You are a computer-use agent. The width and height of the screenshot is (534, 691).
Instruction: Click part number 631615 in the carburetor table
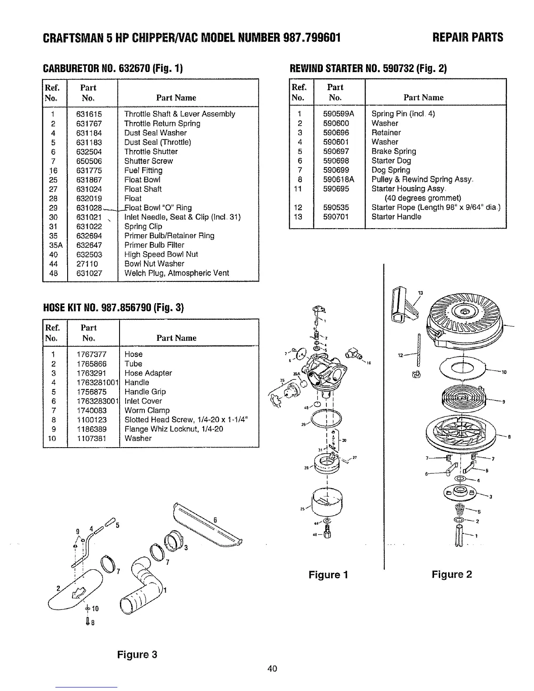89,114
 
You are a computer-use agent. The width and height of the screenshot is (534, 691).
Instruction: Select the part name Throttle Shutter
151,152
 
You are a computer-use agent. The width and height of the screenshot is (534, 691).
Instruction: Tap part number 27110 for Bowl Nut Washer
87,264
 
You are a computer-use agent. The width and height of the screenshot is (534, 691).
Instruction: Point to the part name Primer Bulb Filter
154,245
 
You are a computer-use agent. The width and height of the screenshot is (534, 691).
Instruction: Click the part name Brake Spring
394,151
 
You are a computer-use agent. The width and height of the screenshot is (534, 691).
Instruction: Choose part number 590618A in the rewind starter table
339,179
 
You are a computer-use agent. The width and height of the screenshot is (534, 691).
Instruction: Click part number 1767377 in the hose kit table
91,354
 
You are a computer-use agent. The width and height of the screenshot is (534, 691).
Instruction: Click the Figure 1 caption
328,575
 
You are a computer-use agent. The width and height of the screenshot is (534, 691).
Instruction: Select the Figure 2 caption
452,575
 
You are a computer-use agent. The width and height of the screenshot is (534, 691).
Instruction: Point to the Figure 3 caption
137,654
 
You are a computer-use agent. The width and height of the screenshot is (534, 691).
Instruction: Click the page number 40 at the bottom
273,669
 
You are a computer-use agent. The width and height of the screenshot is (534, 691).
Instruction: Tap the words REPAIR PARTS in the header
468,38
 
